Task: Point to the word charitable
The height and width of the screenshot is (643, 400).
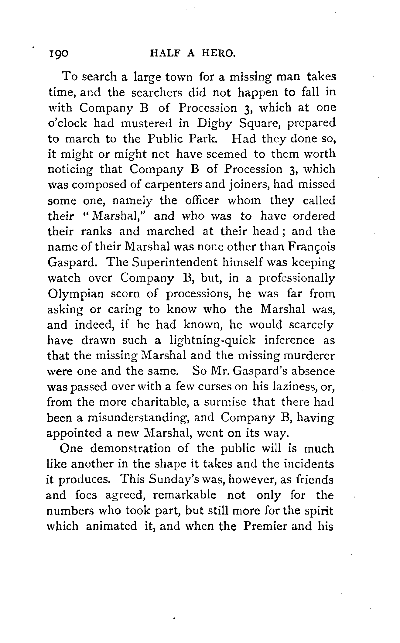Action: [x=160, y=402]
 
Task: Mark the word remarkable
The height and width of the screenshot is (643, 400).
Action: [x=184, y=495]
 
